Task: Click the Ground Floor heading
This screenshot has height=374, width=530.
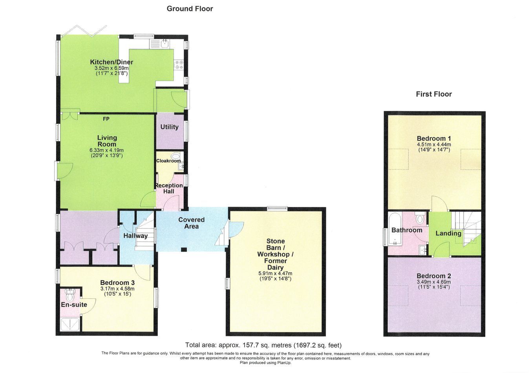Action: click(190, 9)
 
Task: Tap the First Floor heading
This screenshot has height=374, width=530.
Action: click(434, 94)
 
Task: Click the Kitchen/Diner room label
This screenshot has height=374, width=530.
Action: click(111, 62)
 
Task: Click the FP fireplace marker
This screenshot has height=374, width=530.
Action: click(106, 119)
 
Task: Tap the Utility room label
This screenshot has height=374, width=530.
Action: click(170, 127)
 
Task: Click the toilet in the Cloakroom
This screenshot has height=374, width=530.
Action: click(175, 156)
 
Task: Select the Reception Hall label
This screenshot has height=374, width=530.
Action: click(169, 188)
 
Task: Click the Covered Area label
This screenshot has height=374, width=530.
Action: click(192, 223)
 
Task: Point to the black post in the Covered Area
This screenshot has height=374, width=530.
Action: click(184, 249)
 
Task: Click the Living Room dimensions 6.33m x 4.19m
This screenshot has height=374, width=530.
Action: click(106, 150)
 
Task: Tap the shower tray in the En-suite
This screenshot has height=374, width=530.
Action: click(70, 324)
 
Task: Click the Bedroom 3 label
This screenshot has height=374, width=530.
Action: click(117, 283)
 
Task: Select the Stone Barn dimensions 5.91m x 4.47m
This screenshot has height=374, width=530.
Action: click(275, 273)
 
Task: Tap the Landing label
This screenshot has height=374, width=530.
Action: click(448, 233)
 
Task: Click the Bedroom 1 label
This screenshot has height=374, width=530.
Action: click(434, 138)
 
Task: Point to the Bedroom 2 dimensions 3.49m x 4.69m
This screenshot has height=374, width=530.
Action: click(434, 282)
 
